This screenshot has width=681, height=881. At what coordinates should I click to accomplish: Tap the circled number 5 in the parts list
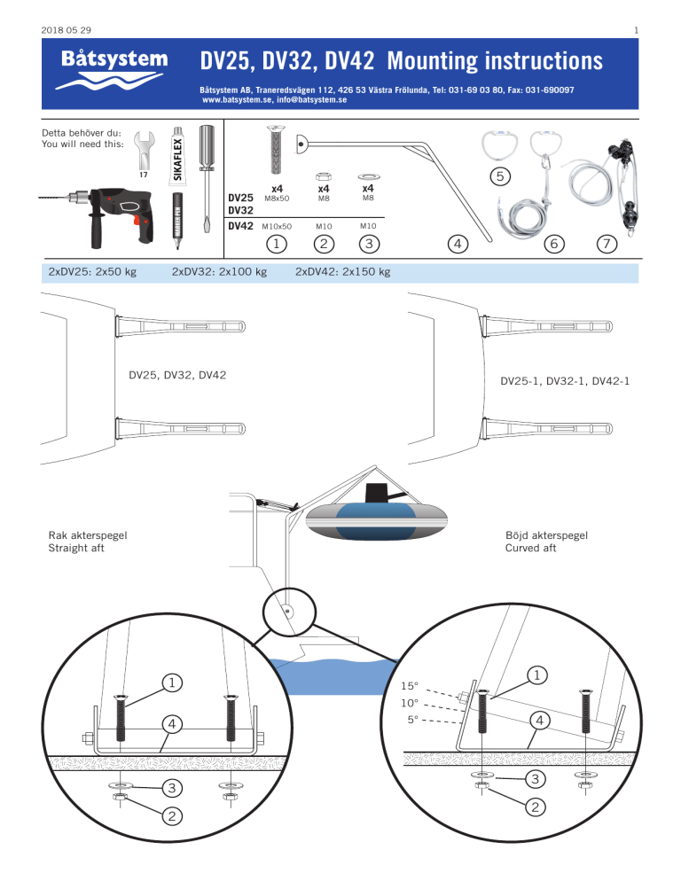click(500, 177)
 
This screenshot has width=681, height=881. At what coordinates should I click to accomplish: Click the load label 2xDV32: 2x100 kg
click(219, 272)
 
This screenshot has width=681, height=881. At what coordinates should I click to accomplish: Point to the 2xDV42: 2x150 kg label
click(342, 272)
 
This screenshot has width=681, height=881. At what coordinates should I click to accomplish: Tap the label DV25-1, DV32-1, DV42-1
click(554, 382)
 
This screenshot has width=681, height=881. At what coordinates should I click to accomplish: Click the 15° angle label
click(410, 686)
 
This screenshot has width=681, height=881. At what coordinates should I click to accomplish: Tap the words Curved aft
click(531, 548)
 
